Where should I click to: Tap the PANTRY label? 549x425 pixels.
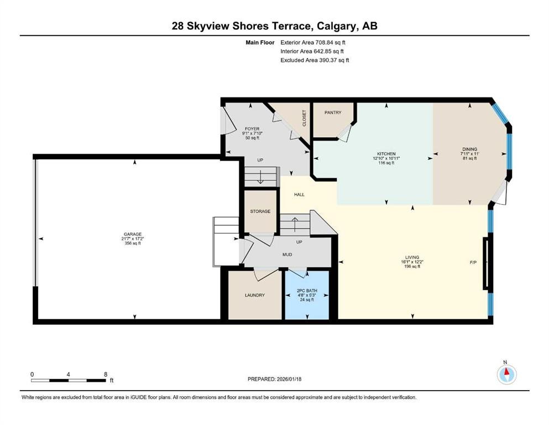(333, 112)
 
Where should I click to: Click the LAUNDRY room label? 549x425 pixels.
(255, 295)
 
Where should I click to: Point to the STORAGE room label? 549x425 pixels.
(260, 211)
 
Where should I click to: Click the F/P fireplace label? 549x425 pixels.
(473, 262)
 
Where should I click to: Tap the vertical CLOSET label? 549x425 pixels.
(304, 117)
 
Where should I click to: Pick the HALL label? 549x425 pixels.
(299, 194)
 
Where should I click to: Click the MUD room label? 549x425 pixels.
(287, 255)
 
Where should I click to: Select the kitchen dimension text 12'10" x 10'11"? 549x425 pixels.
(386, 158)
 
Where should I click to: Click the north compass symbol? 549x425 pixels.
(506, 375)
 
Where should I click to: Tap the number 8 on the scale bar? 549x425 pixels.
(105, 374)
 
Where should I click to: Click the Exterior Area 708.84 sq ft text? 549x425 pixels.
(315, 42)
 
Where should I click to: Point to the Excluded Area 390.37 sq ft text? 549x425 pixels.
(315, 60)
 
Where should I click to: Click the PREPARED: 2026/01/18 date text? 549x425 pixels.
(274, 379)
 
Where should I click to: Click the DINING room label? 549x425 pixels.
(469, 148)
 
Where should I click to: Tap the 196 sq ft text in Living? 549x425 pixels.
(412, 267)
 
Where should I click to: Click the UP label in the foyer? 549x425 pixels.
(260, 160)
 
